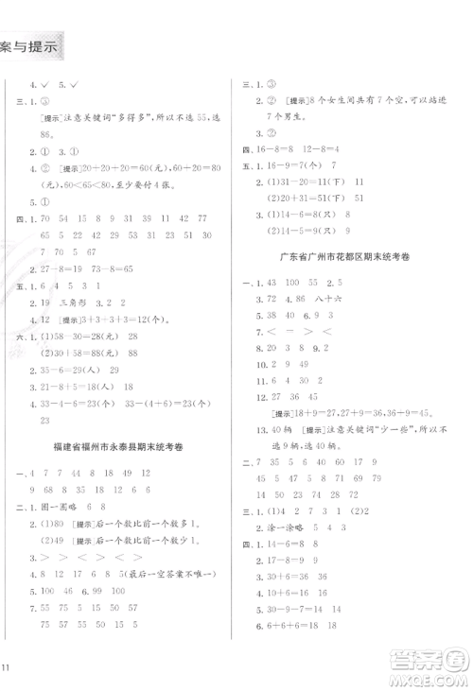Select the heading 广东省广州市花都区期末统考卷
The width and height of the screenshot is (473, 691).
coord(351,257)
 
